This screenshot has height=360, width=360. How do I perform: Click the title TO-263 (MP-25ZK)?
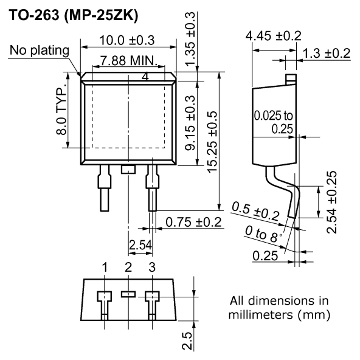74,16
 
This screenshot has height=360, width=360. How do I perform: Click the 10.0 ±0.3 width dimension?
127,40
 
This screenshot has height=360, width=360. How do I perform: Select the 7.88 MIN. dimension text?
129,61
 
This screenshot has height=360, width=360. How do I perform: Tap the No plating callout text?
40,50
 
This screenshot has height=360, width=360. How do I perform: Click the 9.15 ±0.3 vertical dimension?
190,123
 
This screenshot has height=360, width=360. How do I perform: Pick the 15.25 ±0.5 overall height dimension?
212,142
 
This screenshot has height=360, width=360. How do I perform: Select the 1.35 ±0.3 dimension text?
190,40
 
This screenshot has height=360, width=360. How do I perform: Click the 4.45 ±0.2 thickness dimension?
273,36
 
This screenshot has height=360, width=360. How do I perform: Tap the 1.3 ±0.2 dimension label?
327,54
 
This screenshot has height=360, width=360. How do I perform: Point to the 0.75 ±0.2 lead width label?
193,222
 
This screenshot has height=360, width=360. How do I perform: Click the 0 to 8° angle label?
263,234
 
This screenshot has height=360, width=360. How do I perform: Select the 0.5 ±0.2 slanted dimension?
255,211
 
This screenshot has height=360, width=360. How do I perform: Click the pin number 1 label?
105,267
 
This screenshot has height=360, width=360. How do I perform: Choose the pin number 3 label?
152,267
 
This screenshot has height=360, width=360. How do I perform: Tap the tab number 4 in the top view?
145,77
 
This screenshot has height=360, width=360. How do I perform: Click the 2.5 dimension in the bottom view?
187,341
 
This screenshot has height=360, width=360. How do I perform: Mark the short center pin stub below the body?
128,170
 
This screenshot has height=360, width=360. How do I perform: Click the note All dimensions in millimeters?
279,308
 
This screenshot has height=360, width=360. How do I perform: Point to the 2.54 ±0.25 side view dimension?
332,202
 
